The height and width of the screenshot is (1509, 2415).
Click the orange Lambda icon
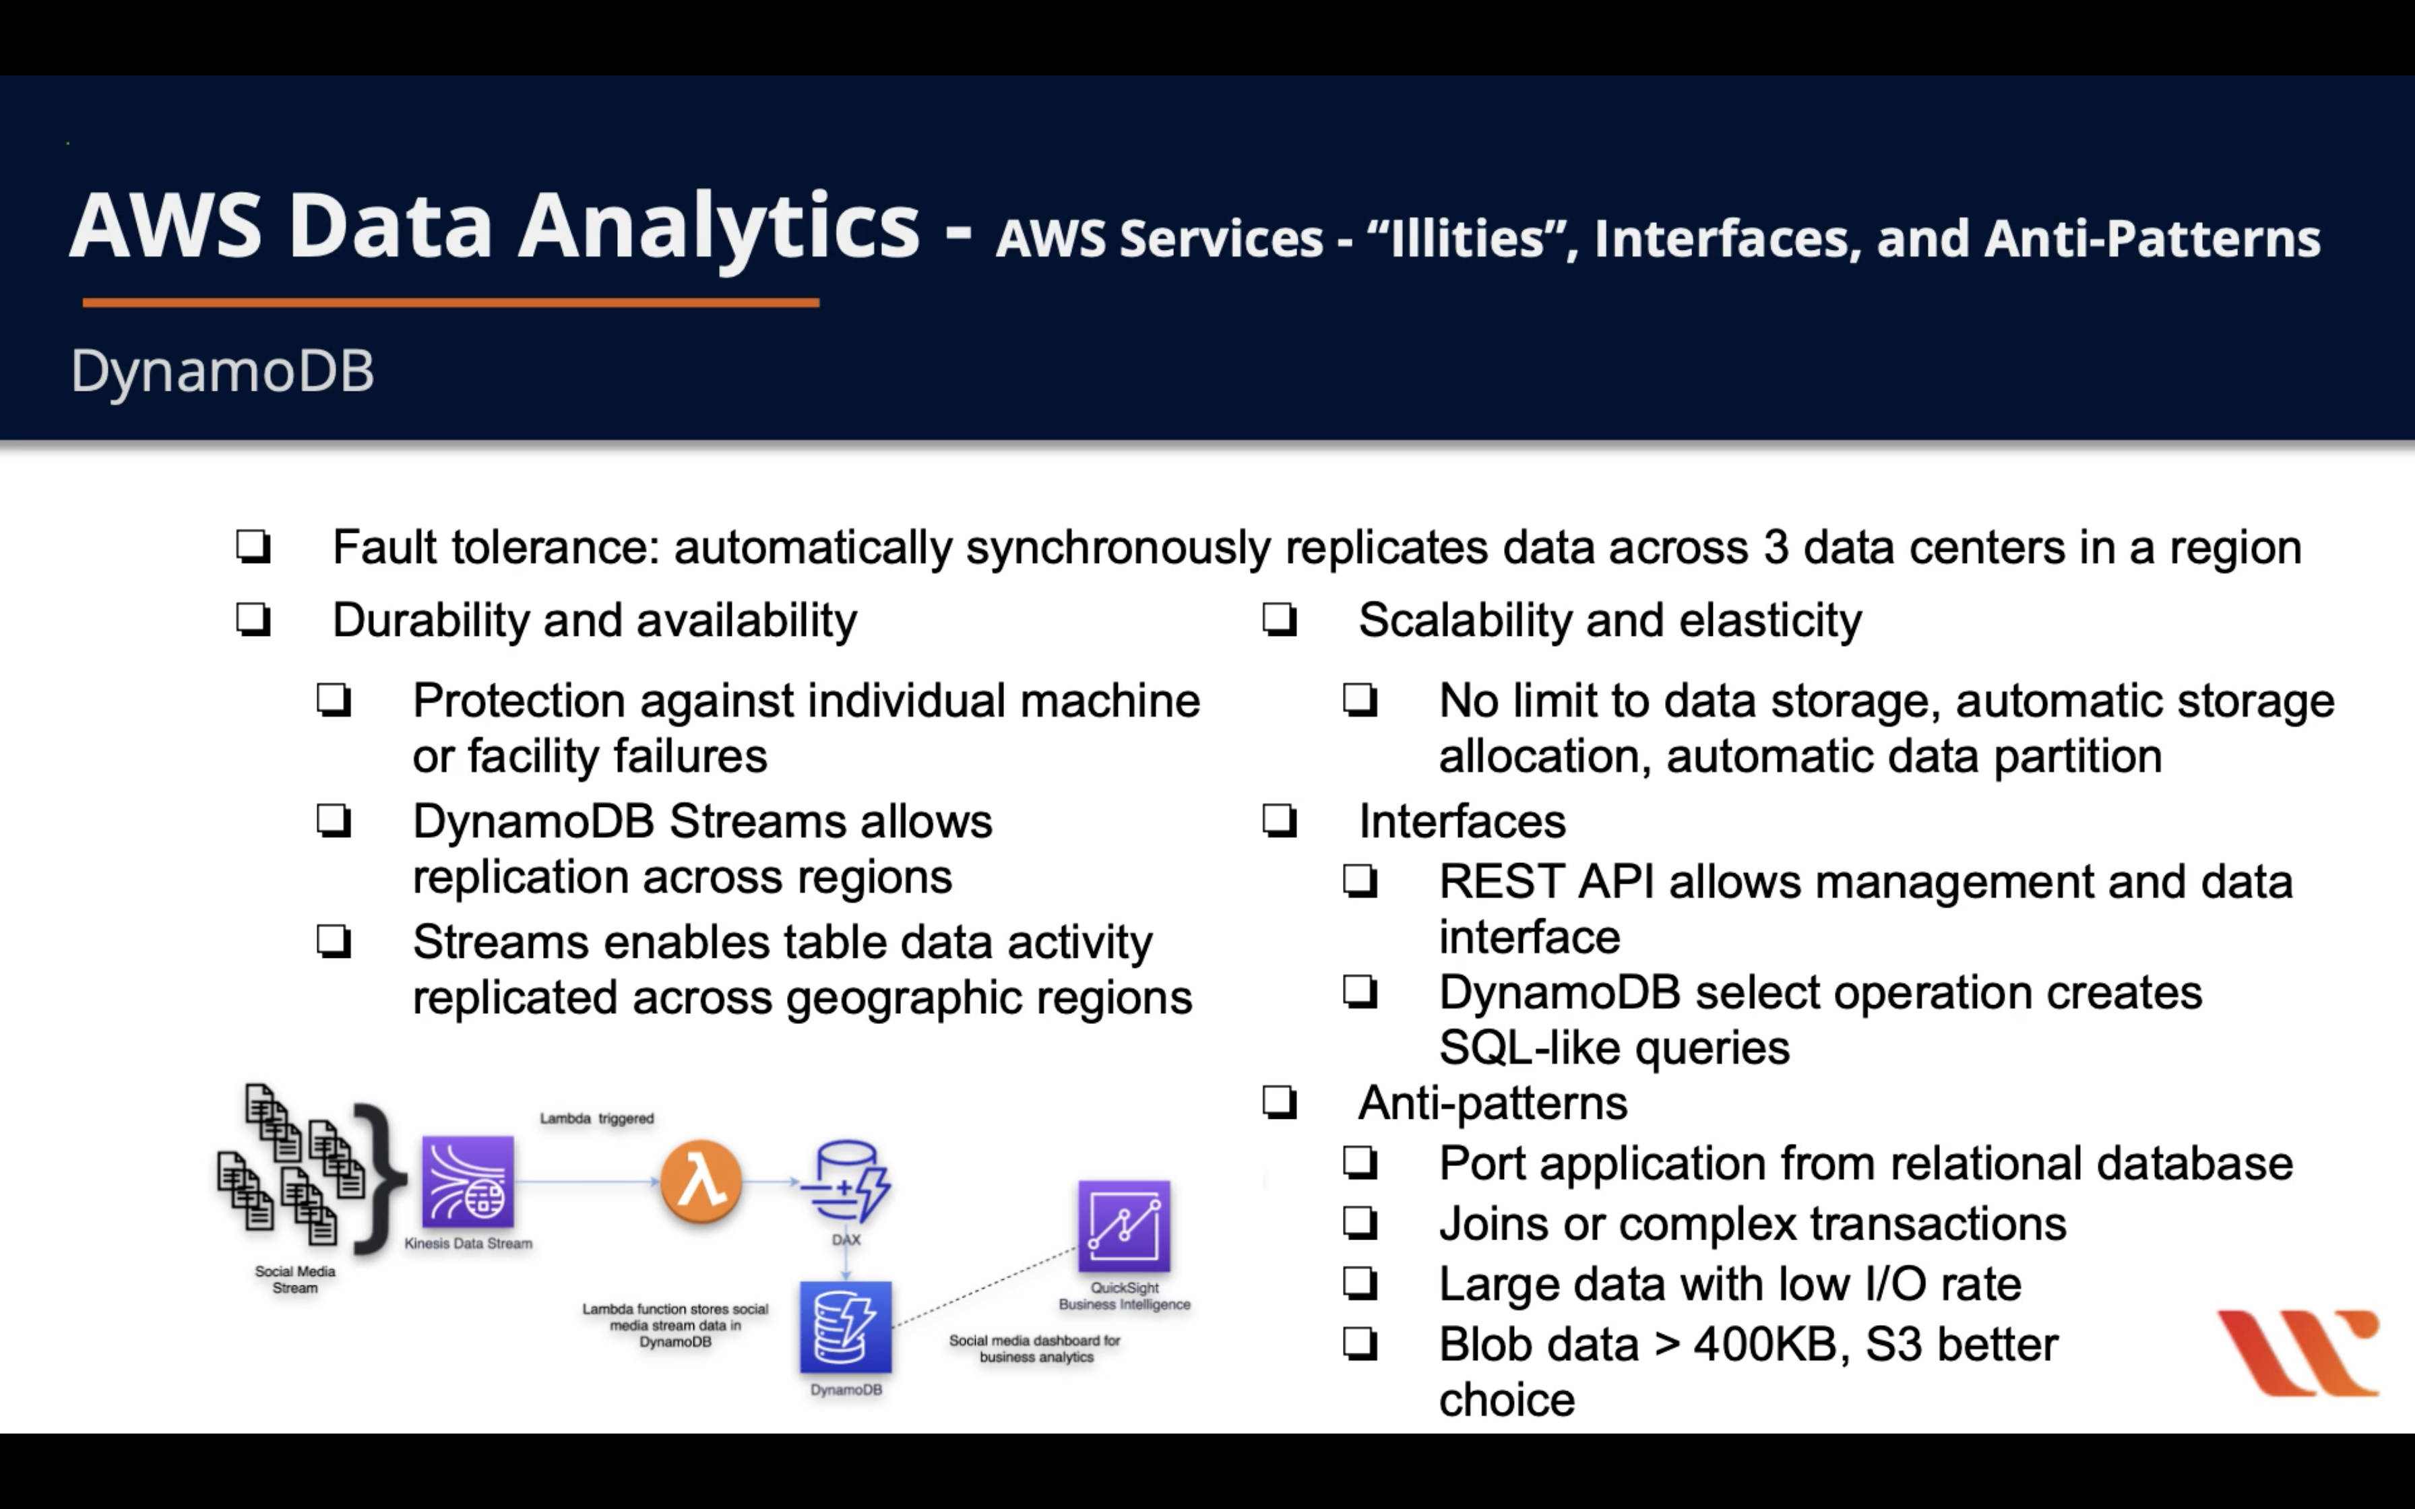(701, 1182)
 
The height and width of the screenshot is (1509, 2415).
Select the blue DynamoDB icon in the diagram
(845, 1327)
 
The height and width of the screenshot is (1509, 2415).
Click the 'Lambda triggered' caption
(597, 1119)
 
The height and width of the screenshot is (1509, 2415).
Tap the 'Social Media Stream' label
(295, 1279)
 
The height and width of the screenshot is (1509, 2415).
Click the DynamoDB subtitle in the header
(222, 371)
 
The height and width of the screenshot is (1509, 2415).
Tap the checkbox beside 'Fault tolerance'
(253, 547)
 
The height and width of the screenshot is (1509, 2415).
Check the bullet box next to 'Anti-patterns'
(1280, 1103)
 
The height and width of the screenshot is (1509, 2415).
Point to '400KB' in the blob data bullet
(1771, 1345)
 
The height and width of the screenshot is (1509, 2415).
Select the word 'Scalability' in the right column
(1464, 620)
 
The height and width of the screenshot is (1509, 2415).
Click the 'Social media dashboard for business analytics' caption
(1035, 1348)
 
